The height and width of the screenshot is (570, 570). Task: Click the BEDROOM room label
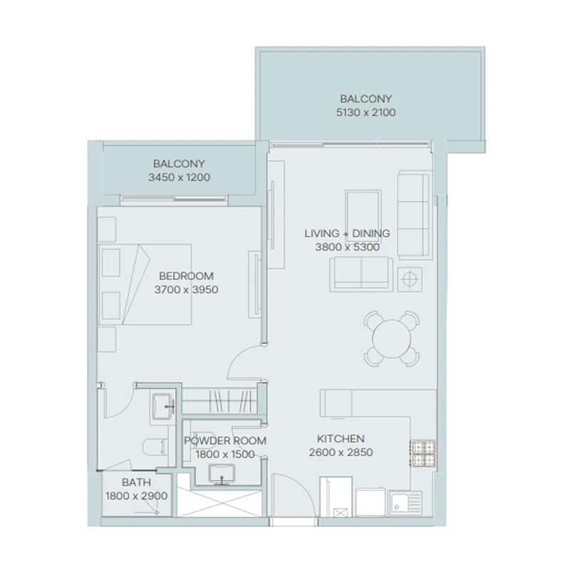click(186, 276)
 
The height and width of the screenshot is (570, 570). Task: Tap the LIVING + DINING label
click(347, 234)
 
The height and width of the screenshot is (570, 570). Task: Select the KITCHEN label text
click(341, 439)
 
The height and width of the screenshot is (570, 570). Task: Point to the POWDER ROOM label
click(225, 441)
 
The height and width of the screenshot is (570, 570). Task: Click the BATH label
click(135, 482)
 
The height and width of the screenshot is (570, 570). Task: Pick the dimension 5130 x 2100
click(366, 113)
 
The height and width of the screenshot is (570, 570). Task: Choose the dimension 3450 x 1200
click(179, 177)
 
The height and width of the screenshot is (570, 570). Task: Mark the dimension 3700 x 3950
click(186, 290)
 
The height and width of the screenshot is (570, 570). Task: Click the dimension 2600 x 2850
click(341, 452)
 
